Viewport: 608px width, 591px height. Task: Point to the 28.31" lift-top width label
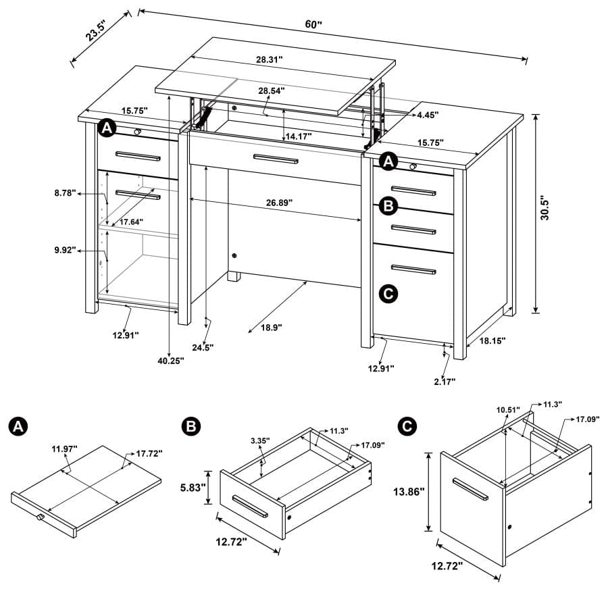269,59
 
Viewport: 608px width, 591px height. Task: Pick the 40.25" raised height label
170,361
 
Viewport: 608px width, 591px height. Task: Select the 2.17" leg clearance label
442,382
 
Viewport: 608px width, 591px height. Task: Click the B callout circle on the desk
388,205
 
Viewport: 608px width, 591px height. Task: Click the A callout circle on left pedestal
106,128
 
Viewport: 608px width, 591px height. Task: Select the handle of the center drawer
275,159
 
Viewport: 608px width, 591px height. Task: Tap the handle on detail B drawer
251,506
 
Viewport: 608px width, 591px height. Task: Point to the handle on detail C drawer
470,489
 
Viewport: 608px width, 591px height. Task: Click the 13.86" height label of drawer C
408,492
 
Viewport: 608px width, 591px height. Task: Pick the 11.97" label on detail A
65,448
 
